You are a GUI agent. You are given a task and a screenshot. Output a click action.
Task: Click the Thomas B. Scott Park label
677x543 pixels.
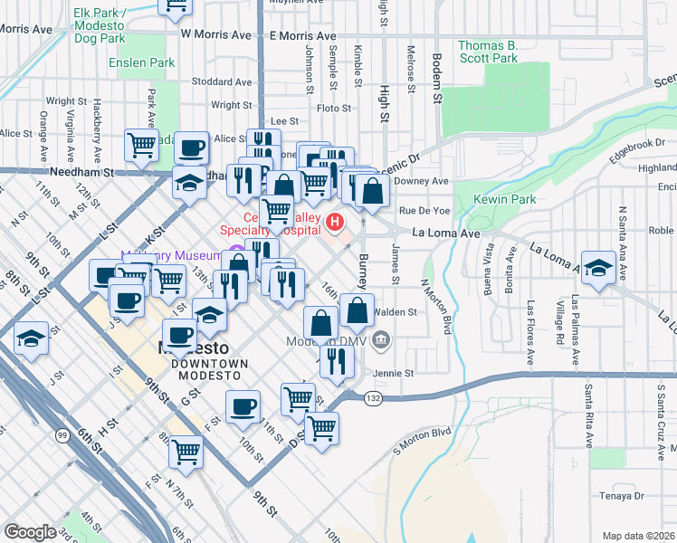coord(487,52)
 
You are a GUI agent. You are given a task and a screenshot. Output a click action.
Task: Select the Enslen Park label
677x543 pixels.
coord(141,63)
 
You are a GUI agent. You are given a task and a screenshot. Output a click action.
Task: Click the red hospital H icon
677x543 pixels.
coord(336,220)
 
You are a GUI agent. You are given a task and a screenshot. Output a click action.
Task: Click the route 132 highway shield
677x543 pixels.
coord(373,397)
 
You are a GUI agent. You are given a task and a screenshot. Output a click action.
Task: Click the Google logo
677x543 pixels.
coord(31,532)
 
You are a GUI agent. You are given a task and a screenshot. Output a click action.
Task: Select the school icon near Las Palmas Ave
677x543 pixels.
coord(596,269)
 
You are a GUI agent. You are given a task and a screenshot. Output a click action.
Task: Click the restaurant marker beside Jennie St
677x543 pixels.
coord(335,362)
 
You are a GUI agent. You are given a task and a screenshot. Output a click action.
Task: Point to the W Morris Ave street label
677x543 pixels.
coord(215,34)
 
